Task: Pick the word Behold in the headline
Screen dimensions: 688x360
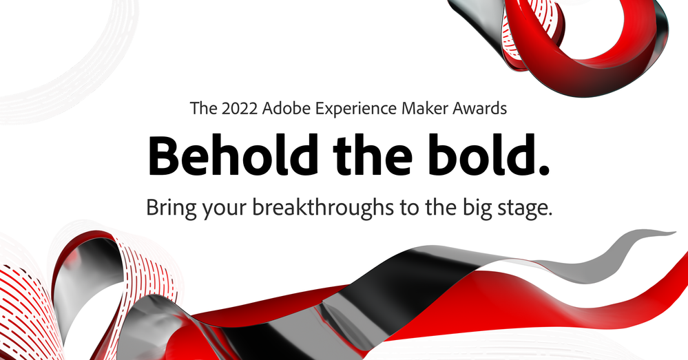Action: point(233,155)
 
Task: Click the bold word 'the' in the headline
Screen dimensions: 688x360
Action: point(373,155)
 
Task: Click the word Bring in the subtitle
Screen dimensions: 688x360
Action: point(171,208)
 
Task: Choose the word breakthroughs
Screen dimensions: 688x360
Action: point(323,208)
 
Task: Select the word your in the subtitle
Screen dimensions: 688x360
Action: point(225,209)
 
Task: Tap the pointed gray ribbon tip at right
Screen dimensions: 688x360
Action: point(673,233)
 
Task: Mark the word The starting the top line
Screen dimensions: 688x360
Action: point(204,108)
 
